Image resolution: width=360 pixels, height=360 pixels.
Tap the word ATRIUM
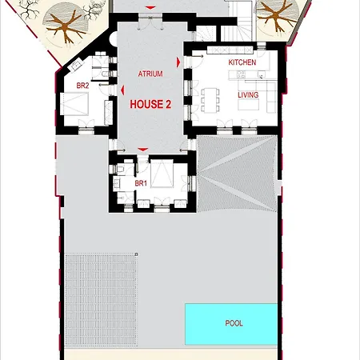[150, 74]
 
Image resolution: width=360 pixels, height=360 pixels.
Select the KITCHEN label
[242, 62]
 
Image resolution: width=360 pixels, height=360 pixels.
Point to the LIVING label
[248, 94]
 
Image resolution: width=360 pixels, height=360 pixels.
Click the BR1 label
[141, 184]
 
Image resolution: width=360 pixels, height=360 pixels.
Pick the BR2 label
[82, 85]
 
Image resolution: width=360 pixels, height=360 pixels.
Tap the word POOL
[234, 323]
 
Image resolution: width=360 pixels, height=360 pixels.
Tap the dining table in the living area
[212, 98]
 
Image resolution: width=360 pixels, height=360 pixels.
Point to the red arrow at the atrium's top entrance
[146, 10]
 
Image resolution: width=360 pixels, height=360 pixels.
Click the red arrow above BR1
[142, 150]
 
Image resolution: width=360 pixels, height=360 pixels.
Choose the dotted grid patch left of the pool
[101, 293]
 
